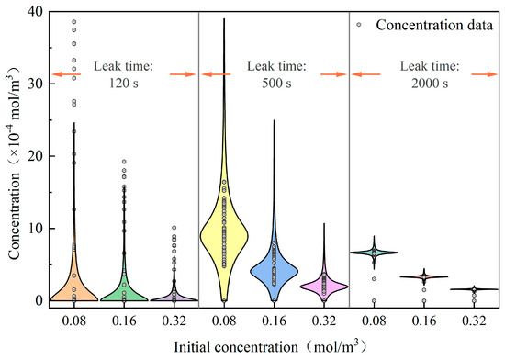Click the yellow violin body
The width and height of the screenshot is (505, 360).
(x=224, y=235)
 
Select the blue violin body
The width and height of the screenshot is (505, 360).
(x=275, y=271)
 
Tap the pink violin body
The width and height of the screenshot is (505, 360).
(x=324, y=286)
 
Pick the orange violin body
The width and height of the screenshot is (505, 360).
(x=74, y=290)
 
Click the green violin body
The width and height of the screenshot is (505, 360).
(x=124, y=292)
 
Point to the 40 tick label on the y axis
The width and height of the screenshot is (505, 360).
(x=35, y=12)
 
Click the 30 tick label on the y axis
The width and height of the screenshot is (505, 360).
(x=35, y=84)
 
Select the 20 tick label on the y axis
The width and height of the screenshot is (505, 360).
(x=35, y=156)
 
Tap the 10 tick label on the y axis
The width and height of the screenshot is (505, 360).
(x=35, y=229)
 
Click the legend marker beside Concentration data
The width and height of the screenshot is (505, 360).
(x=359, y=25)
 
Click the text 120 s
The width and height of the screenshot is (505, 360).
(x=124, y=84)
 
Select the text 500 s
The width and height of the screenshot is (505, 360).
(x=276, y=84)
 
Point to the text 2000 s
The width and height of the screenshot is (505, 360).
(x=430, y=84)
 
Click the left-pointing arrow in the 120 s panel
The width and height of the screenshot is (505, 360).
(x=66, y=74)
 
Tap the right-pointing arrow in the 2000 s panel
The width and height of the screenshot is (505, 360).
(x=485, y=74)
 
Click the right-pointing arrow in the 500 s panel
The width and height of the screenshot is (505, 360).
(x=333, y=74)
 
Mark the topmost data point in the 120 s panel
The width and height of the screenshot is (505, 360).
(x=74, y=22)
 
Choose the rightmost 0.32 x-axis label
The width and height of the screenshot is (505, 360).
(x=474, y=321)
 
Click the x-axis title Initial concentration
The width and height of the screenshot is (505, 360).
(x=236, y=347)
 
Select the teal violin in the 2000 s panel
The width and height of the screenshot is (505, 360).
(x=374, y=253)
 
